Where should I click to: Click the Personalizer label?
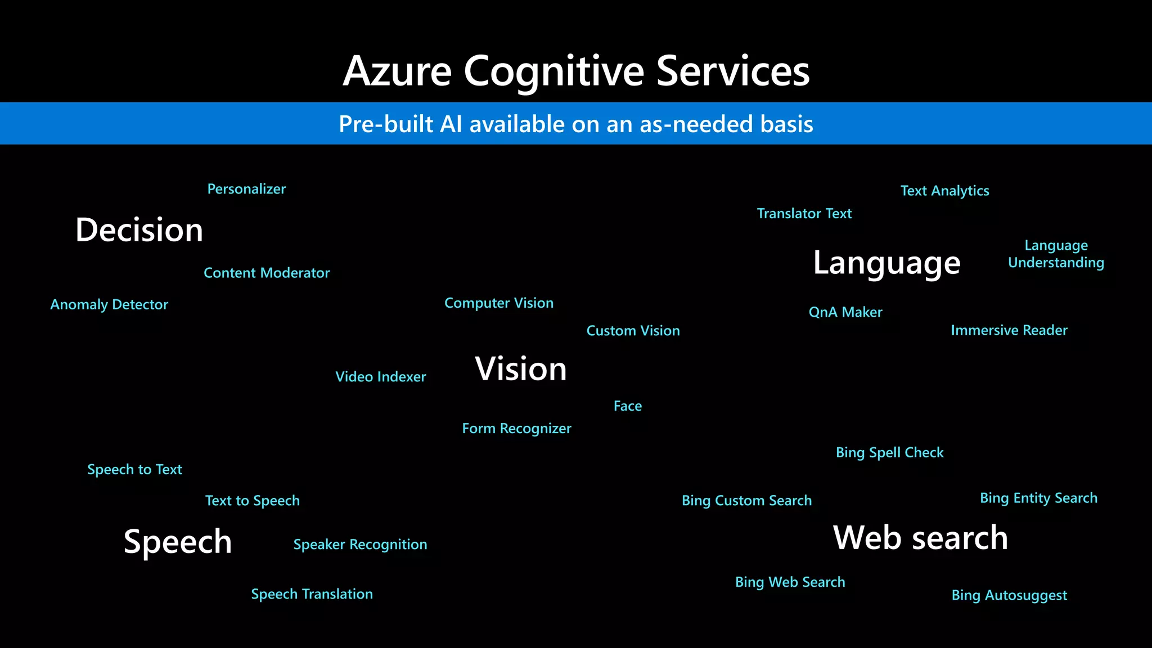[246, 189]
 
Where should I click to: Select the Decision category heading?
[139, 230]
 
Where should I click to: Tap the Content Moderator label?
[267, 273]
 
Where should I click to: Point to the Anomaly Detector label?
[109, 305]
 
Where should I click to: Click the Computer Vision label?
[499, 303]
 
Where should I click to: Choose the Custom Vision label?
[633, 331]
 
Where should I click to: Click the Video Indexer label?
[381, 377]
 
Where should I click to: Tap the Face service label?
[627, 406]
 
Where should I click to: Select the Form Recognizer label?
[516, 429]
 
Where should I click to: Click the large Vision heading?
[521, 369]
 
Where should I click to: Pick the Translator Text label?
[804, 214]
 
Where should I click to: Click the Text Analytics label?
[944, 191]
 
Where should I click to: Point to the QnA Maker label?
[845, 312]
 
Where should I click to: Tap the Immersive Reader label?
[1009, 330]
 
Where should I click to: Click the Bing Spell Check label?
[889, 453]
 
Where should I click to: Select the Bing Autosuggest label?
[1009, 595]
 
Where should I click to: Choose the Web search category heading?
[920, 538]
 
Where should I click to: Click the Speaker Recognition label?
[360, 544]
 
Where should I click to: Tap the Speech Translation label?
[312, 594]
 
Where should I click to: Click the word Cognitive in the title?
[553, 72]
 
